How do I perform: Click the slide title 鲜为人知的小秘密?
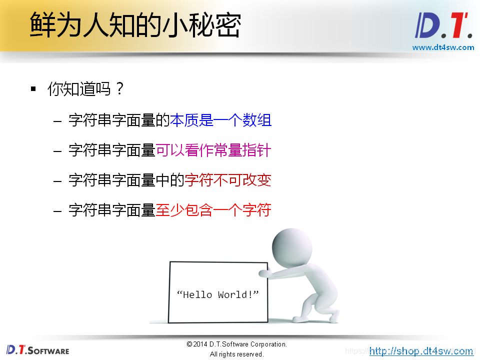[135, 25]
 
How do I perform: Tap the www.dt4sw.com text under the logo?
[443, 47]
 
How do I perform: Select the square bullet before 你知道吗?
[33, 89]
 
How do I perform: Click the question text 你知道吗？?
[85, 89]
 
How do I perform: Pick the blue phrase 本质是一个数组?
[220, 120]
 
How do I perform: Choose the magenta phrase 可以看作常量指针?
[213, 150]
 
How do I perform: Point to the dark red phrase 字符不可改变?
[228, 180]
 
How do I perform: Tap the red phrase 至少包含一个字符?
[213, 210]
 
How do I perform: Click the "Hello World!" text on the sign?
[218, 294]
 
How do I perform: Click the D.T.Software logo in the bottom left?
[38, 349]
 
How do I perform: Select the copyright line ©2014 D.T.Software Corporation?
[236, 344]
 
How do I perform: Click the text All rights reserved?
[236, 354]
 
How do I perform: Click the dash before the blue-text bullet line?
[58, 120]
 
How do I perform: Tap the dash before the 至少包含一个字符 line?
[58, 210]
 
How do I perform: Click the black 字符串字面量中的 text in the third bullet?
[126, 180]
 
